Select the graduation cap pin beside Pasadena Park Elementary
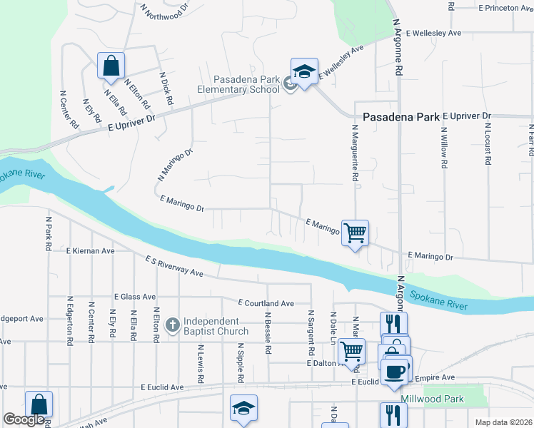pyautogui.click(x=304, y=73)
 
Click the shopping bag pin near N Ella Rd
pyautogui.click(x=111, y=66)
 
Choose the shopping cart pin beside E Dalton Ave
pyautogui.click(x=351, y=352)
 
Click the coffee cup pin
pyautogui.click(x=395, y=371)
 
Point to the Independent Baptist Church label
pyautogui.click(x=216, y=326)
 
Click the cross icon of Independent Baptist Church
pyautogui.click(x=172, y=326)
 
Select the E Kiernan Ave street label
pyautogui.click(x=90, y=251)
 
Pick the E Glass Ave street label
pyautogui.click(x=134, y=296)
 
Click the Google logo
pyautogui.click(x=24, y=419)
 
